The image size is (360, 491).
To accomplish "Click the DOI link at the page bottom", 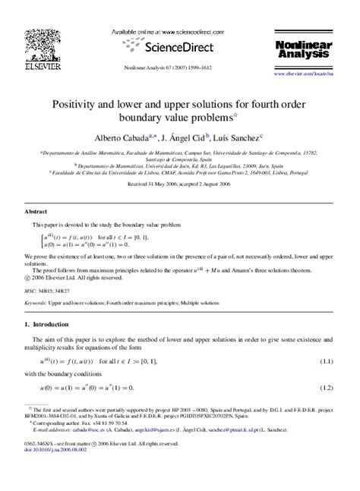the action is pyautogui.click(x=55, y=471).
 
